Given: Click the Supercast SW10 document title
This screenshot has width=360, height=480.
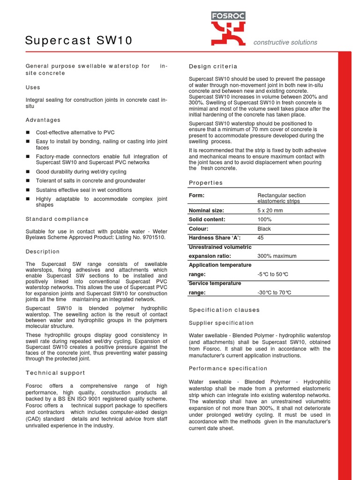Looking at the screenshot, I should [79, 41].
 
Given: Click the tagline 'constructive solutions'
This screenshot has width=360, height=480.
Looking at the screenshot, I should [285, 42].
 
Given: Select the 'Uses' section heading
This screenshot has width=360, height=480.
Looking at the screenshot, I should [33, 87].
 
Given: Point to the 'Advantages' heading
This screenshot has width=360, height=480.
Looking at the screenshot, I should [43, 120].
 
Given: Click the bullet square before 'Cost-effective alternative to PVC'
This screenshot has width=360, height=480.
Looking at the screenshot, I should [28, 133].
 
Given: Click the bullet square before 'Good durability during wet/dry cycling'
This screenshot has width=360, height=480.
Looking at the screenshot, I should [28, 172].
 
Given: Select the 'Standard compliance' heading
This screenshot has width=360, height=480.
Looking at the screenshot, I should [57, 219].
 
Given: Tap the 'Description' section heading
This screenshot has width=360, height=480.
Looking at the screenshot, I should [43, 252].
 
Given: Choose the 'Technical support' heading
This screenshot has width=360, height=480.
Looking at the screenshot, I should [55, 373].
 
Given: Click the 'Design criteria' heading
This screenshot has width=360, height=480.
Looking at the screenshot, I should [213, 67].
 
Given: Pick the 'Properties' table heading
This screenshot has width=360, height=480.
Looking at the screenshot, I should [206, 183].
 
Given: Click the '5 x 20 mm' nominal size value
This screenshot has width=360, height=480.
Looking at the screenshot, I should [270, 210].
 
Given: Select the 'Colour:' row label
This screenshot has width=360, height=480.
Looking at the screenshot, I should [199, 229].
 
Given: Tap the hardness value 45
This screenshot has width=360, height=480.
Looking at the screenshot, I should [261, 238].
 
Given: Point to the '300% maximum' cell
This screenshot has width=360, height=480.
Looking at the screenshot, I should [277, 256].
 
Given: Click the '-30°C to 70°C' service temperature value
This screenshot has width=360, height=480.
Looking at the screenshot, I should [274, 292].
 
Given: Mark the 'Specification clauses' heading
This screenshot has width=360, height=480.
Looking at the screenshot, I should [224, 310].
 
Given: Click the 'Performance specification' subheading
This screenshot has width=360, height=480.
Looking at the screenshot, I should [228, 368].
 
